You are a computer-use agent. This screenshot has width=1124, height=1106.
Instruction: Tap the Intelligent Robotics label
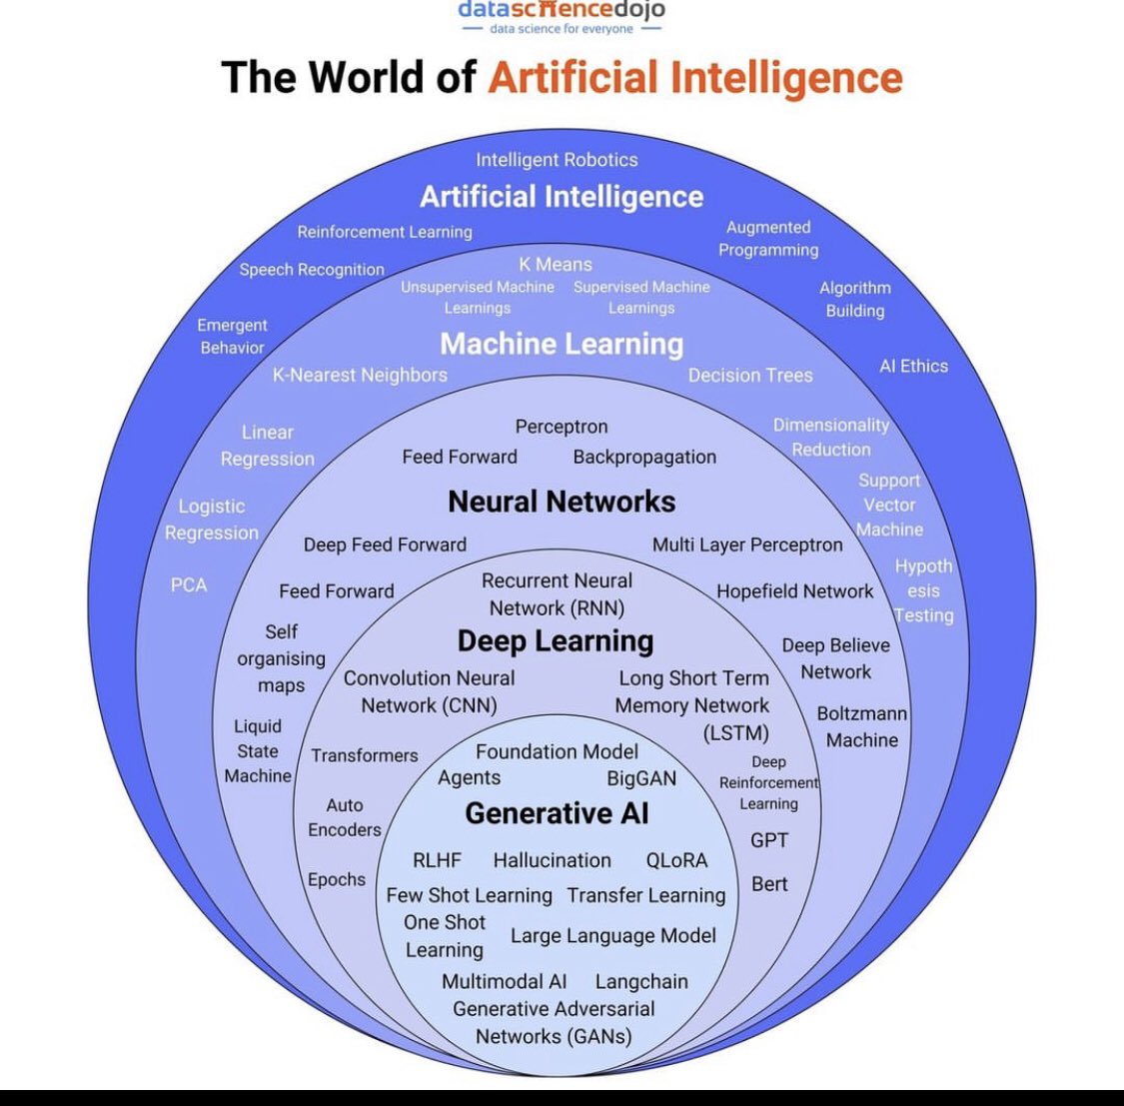(x=557, y=160)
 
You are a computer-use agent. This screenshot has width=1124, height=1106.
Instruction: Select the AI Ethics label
(x=913, y=366)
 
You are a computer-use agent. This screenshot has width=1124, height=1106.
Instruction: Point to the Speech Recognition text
(x=312, y=270)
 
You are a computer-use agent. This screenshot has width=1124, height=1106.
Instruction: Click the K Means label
(x=556, y=265)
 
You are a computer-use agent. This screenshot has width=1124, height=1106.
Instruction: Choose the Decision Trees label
(x=750, y=376)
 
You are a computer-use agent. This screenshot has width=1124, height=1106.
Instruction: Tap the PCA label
(x=189, y=584)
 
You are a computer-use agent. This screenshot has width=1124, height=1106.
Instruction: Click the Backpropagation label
(x=644, y=457)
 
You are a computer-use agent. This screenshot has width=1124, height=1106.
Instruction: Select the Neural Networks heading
(x=562, y=502)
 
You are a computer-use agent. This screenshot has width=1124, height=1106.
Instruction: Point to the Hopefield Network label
(x=794, y=591)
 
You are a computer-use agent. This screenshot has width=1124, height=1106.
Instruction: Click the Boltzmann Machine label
(x=861, y=727)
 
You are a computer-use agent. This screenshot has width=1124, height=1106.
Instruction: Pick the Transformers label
(x=365, y=755)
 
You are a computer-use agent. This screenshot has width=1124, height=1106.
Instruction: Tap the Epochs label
(x=337, y=879)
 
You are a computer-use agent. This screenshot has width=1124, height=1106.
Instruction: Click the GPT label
(x=769, y=840)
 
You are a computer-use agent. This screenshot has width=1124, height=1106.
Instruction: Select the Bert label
(x=769, y=884)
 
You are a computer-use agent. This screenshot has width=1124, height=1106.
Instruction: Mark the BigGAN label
(x=641, y=778)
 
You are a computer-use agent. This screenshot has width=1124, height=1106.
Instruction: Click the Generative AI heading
(x=557, y=814)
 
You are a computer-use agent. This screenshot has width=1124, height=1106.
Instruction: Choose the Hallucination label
(x=552, y=860)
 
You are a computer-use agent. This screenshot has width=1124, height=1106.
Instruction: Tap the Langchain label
(x=641, y=982)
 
